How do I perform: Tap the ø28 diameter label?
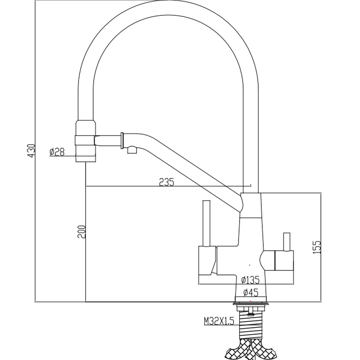click(x=57, y=152)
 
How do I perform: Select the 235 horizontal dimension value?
click(x=167, y=182)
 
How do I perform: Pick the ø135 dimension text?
click(x=250, y=279)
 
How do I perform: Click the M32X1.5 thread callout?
click(x=219, y=321)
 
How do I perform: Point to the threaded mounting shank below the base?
click(x=251, y=325)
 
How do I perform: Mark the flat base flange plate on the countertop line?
click(x=251, y=304)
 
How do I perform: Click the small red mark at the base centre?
click(x=251, y=301)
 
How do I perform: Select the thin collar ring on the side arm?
click(x=122, y=141)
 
